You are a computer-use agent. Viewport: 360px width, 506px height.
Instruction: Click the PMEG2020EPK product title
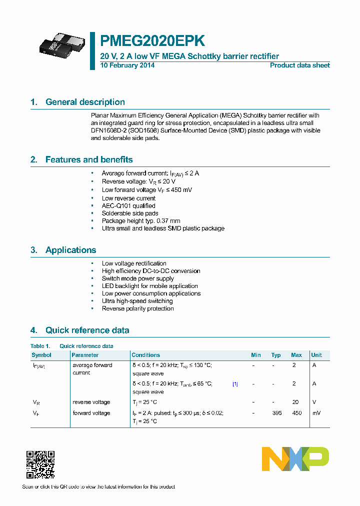[x=152, y=41]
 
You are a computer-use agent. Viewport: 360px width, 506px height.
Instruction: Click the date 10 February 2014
[x=127, y=65]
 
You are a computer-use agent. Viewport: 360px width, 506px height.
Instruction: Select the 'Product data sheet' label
[x=299, y=65]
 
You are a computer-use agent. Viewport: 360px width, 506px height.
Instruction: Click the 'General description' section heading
[x=85, y=102]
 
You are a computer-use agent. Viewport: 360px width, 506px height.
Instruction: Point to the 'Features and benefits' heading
[x=89, y=159]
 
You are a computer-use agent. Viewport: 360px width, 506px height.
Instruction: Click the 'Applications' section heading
[x=70, y=250]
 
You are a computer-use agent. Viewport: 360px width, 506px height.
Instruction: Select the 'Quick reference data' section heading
[x=87, y=330]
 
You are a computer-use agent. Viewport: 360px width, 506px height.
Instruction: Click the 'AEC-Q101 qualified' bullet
[x=128, y=205]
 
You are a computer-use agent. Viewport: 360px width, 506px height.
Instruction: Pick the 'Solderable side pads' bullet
[x=130, y=213]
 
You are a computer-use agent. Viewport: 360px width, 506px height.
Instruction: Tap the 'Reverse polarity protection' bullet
[x=138, y=308]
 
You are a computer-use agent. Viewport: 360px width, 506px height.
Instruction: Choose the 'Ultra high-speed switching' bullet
[x=137, y=301]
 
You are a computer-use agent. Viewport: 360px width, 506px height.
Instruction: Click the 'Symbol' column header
[x=41, y=355]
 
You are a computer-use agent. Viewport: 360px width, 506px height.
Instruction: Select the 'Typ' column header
[x=276, y=355]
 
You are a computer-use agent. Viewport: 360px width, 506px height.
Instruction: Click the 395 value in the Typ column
[x=276, y=413]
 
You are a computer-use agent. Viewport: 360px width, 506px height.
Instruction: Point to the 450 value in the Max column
[x=296, y=413]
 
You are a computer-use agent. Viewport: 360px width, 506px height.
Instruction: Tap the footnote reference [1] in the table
[x=235, y=384]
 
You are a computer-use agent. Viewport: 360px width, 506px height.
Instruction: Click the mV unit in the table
[x=315, y=413]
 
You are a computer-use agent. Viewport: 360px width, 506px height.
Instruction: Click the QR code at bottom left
[x=40, y=464]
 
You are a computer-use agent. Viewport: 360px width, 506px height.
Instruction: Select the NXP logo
[x=295, y=458]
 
